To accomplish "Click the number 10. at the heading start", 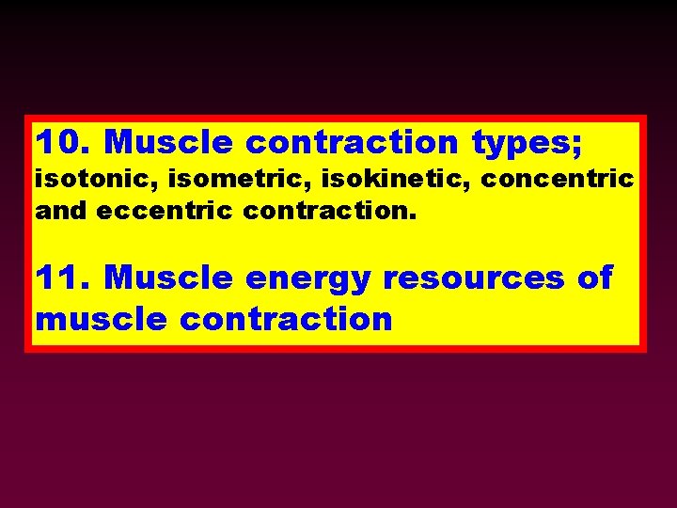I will tap(64, 143).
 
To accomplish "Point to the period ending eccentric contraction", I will tap(411, 215).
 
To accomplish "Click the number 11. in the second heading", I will tap(64, 278).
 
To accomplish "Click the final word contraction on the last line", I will tap(286, 319).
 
